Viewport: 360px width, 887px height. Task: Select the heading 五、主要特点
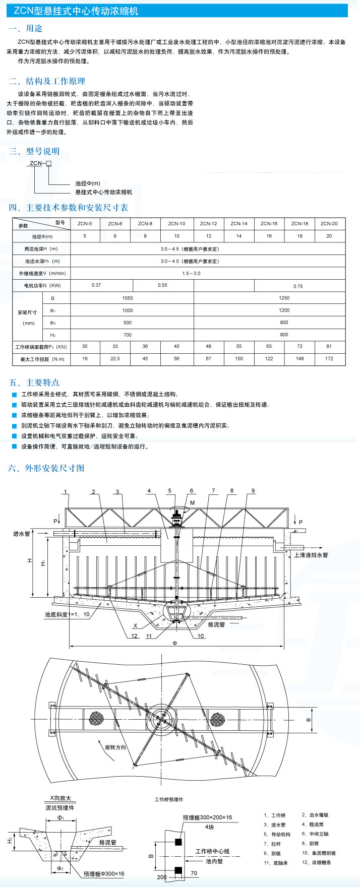point(34,383)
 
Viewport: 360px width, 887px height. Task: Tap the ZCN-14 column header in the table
point(239,223)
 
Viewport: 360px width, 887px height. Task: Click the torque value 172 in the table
point(329,359)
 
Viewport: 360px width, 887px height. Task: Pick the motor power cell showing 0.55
point(162,285)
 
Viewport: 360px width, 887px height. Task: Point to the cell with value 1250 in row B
point(284,298)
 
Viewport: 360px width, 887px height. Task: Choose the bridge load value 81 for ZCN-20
point(329,347)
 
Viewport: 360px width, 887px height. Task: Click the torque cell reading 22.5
point(115,359)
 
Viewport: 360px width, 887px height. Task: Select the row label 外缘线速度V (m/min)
point(41,273)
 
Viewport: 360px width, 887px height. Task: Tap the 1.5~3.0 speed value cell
point(191,273)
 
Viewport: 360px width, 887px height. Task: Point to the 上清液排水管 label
point(311,555)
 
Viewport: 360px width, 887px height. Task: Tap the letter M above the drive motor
point(192,502)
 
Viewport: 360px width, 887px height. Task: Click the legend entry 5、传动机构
point(277,834)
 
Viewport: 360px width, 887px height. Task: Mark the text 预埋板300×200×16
point(207,817)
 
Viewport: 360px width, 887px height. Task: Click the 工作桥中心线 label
point(212,851)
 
